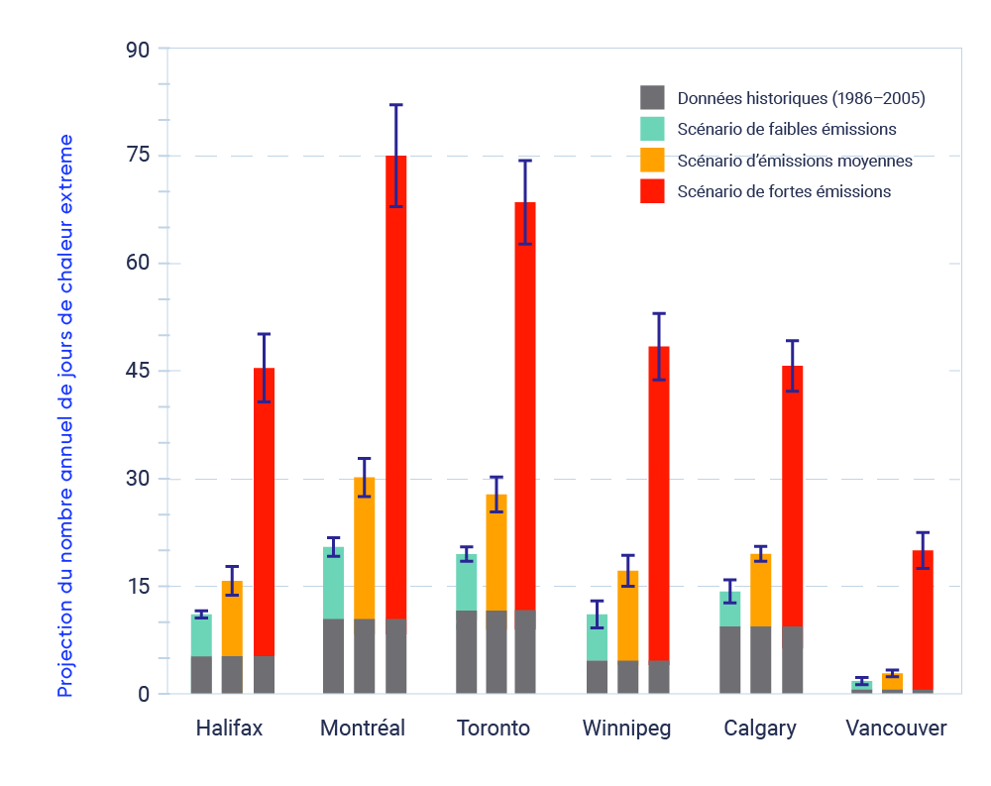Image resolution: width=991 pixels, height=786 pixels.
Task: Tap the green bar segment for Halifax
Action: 201,635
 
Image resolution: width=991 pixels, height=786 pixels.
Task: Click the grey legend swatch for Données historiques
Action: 652,97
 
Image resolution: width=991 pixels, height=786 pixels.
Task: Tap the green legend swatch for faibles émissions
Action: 652,128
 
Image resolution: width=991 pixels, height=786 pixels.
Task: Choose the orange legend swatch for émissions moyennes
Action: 652,160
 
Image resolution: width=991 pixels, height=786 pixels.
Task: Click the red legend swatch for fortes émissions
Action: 652,190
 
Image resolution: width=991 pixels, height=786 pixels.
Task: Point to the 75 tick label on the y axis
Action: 139,156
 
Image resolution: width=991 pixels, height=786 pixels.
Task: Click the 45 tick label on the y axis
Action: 139,371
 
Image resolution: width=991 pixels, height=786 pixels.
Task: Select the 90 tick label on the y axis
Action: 139,49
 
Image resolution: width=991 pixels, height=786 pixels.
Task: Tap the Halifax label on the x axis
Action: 229,729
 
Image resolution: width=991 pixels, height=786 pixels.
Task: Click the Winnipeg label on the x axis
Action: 626,729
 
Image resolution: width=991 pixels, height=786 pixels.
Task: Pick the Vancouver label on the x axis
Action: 896,729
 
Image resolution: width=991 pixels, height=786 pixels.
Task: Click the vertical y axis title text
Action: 65,416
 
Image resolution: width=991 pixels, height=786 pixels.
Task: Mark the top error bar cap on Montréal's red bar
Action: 396,104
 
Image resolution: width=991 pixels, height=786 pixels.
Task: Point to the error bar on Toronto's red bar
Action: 525,202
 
